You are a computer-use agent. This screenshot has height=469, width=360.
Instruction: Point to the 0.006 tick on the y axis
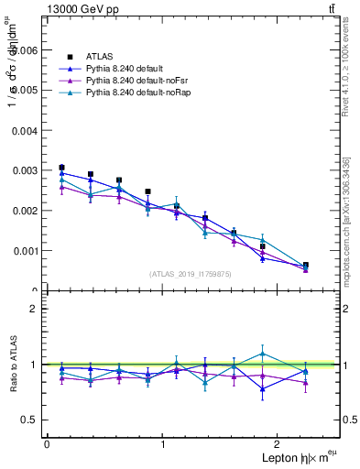(x=27, y=50)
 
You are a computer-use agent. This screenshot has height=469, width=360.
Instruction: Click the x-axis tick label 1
(x=163, y=444)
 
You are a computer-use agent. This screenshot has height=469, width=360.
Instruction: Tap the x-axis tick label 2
(x=279, y=444)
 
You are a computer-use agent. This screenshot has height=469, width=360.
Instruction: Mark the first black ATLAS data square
(x=61, y=168)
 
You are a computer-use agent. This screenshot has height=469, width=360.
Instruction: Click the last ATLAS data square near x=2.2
(x=306, y=265)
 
